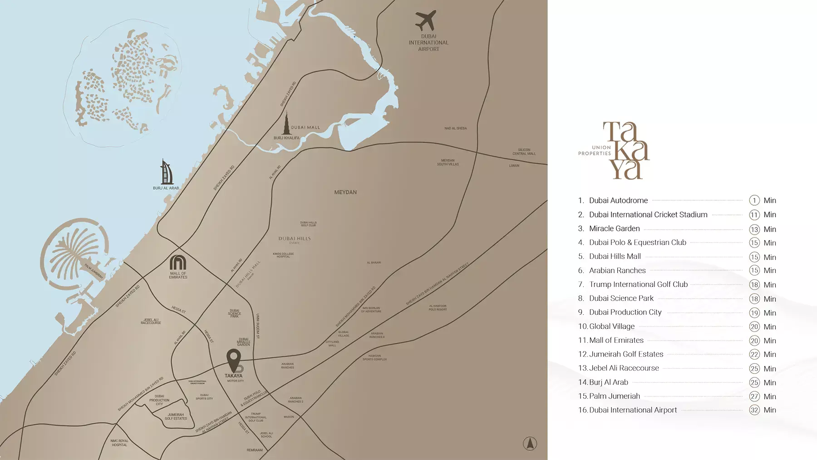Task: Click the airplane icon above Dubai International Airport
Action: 425,20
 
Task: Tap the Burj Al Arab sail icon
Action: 167,172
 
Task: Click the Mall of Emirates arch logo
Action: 178,262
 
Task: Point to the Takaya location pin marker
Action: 234,360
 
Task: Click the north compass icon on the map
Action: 530,443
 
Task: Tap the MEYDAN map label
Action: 345,193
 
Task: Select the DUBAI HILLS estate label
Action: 295,239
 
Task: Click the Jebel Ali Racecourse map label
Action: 151,321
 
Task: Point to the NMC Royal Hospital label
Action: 119,443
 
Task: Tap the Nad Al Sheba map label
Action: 455,129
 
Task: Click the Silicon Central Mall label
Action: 524,152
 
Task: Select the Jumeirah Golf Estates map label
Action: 176,416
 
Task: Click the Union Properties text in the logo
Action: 595,151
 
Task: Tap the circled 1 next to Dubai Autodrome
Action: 754,200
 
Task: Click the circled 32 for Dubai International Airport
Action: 754,410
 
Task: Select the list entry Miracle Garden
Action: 614,228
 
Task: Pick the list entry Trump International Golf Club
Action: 638,284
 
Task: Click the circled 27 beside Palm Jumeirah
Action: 754,396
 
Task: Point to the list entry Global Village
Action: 611,326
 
